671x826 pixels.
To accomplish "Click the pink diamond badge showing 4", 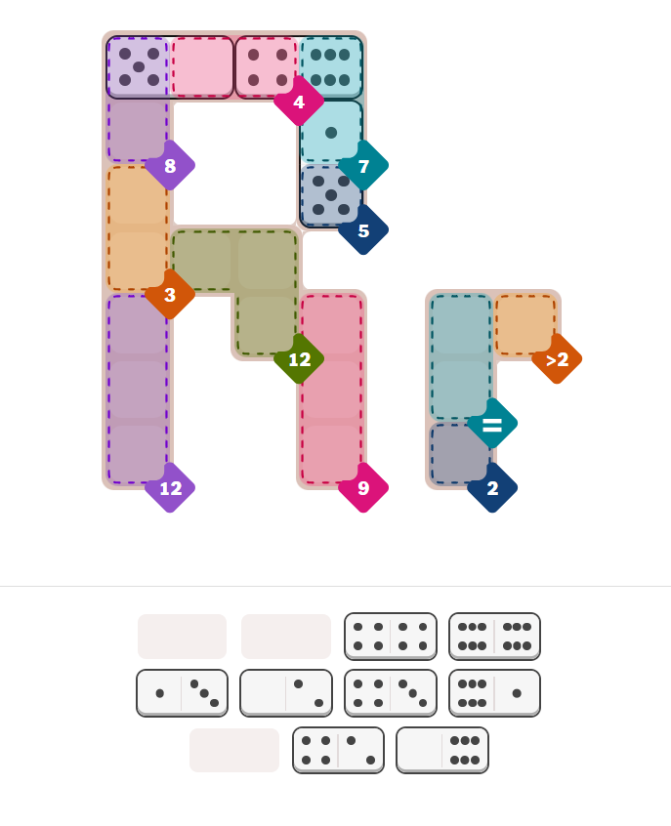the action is point(299,102).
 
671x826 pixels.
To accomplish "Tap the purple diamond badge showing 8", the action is point(170,165).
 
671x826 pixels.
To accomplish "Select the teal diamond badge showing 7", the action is point(363,166).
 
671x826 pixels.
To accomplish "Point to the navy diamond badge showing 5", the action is point(363,230).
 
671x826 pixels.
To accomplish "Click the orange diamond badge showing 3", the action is point(170,295).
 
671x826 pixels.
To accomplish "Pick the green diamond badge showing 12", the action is point(299,359).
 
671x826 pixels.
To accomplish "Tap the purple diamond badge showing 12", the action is point(170,488).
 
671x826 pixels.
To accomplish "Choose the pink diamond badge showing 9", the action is point(363,488).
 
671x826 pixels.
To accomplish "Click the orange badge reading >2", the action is point(557,359).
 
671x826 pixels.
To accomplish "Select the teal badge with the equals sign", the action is point(492,424).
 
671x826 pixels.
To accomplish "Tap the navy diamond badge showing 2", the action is point(492,488).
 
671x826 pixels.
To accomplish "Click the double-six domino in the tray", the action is point(494,637).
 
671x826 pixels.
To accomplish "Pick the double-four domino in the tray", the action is point(391,637).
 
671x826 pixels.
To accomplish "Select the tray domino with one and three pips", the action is point(183,693).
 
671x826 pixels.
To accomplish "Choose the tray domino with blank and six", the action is point(442,750).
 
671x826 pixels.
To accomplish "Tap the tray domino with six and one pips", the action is point(494,693).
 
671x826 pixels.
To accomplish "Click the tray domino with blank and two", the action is point(286,693).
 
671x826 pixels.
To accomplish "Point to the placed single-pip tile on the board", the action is point(331,132).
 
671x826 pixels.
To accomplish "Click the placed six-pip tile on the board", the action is point(331,67).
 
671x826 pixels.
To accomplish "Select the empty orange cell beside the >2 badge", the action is point(525,325).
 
